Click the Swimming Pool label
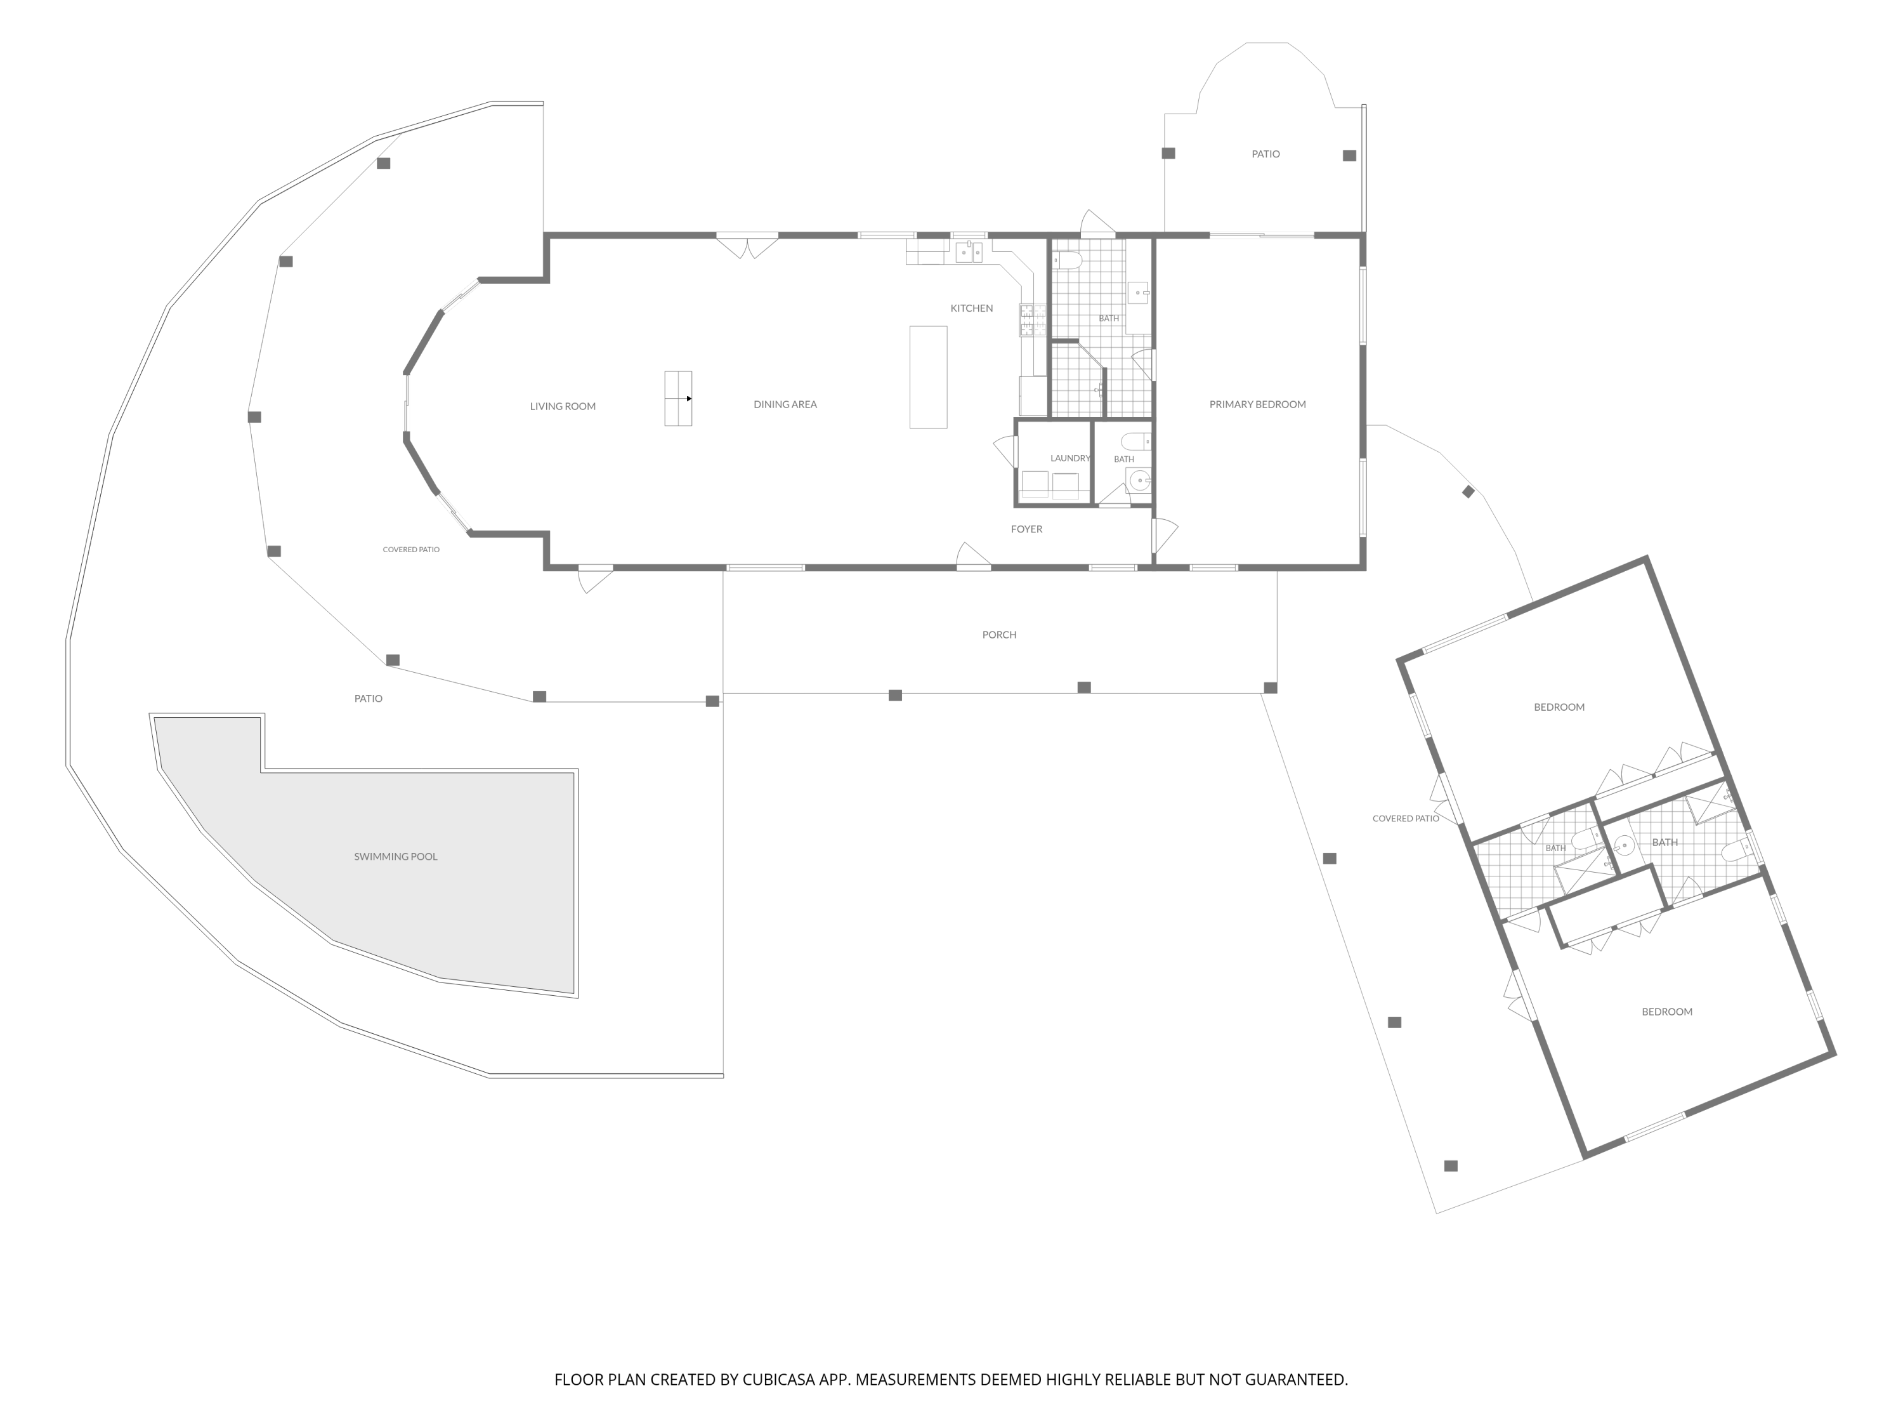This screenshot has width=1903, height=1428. tap(396, 856)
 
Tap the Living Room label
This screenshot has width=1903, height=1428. tap(563, 406)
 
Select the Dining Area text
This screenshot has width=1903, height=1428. tap(785, 404)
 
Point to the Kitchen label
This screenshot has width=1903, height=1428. tap(971, 308)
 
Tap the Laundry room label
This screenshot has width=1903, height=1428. tap(1070, 458)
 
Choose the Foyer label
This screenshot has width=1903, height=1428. tap(1026, 529)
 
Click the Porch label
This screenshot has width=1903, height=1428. tap(999, 635)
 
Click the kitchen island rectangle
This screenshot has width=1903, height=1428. tap(928, 377)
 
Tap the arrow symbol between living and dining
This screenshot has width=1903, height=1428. tap(679, 399)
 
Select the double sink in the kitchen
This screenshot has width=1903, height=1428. tap(969, 251)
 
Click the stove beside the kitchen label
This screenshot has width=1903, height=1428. tap(1032, 321)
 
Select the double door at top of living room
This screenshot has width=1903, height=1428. tap(747, 246)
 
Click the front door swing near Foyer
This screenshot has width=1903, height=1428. tap(974, 555)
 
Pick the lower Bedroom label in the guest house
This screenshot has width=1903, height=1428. tap(1666, 1012)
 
